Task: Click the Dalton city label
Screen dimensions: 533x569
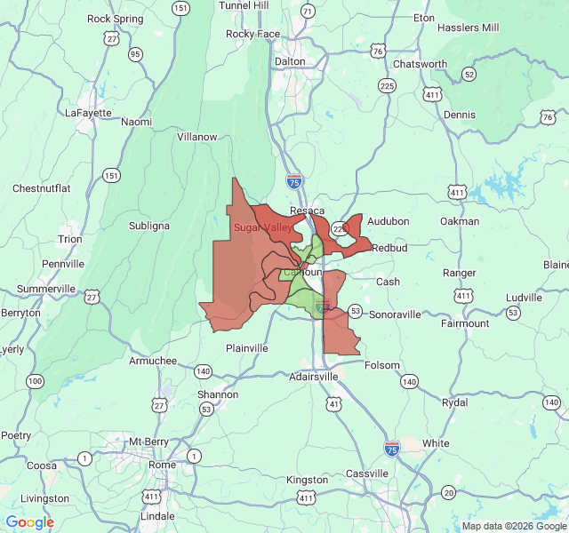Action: [290, 61]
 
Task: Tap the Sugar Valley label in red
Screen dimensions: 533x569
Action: [263, 227]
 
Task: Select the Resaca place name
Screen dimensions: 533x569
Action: [308, 211]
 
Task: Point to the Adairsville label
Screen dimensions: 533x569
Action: [314, 377]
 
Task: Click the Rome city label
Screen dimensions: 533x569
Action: [162, 465]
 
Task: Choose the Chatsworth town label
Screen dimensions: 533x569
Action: [420, 64]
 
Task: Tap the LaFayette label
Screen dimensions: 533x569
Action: [89, 113]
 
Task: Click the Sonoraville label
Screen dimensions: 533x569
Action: [400, 314]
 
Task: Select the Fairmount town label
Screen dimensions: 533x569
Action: [465, 323]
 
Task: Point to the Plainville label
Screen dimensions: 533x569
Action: [246, 348]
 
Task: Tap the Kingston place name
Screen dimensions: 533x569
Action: [307, 480]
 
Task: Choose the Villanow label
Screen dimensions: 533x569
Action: [197, 137]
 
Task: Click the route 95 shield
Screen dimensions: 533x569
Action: [135, 54]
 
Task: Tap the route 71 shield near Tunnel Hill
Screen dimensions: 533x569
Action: [307, 12]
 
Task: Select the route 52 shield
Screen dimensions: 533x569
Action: [469, 75]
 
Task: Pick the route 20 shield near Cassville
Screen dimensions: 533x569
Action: [448, 492]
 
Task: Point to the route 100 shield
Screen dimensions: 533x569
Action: [35, 381]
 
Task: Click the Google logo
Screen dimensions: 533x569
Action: [30, 522]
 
